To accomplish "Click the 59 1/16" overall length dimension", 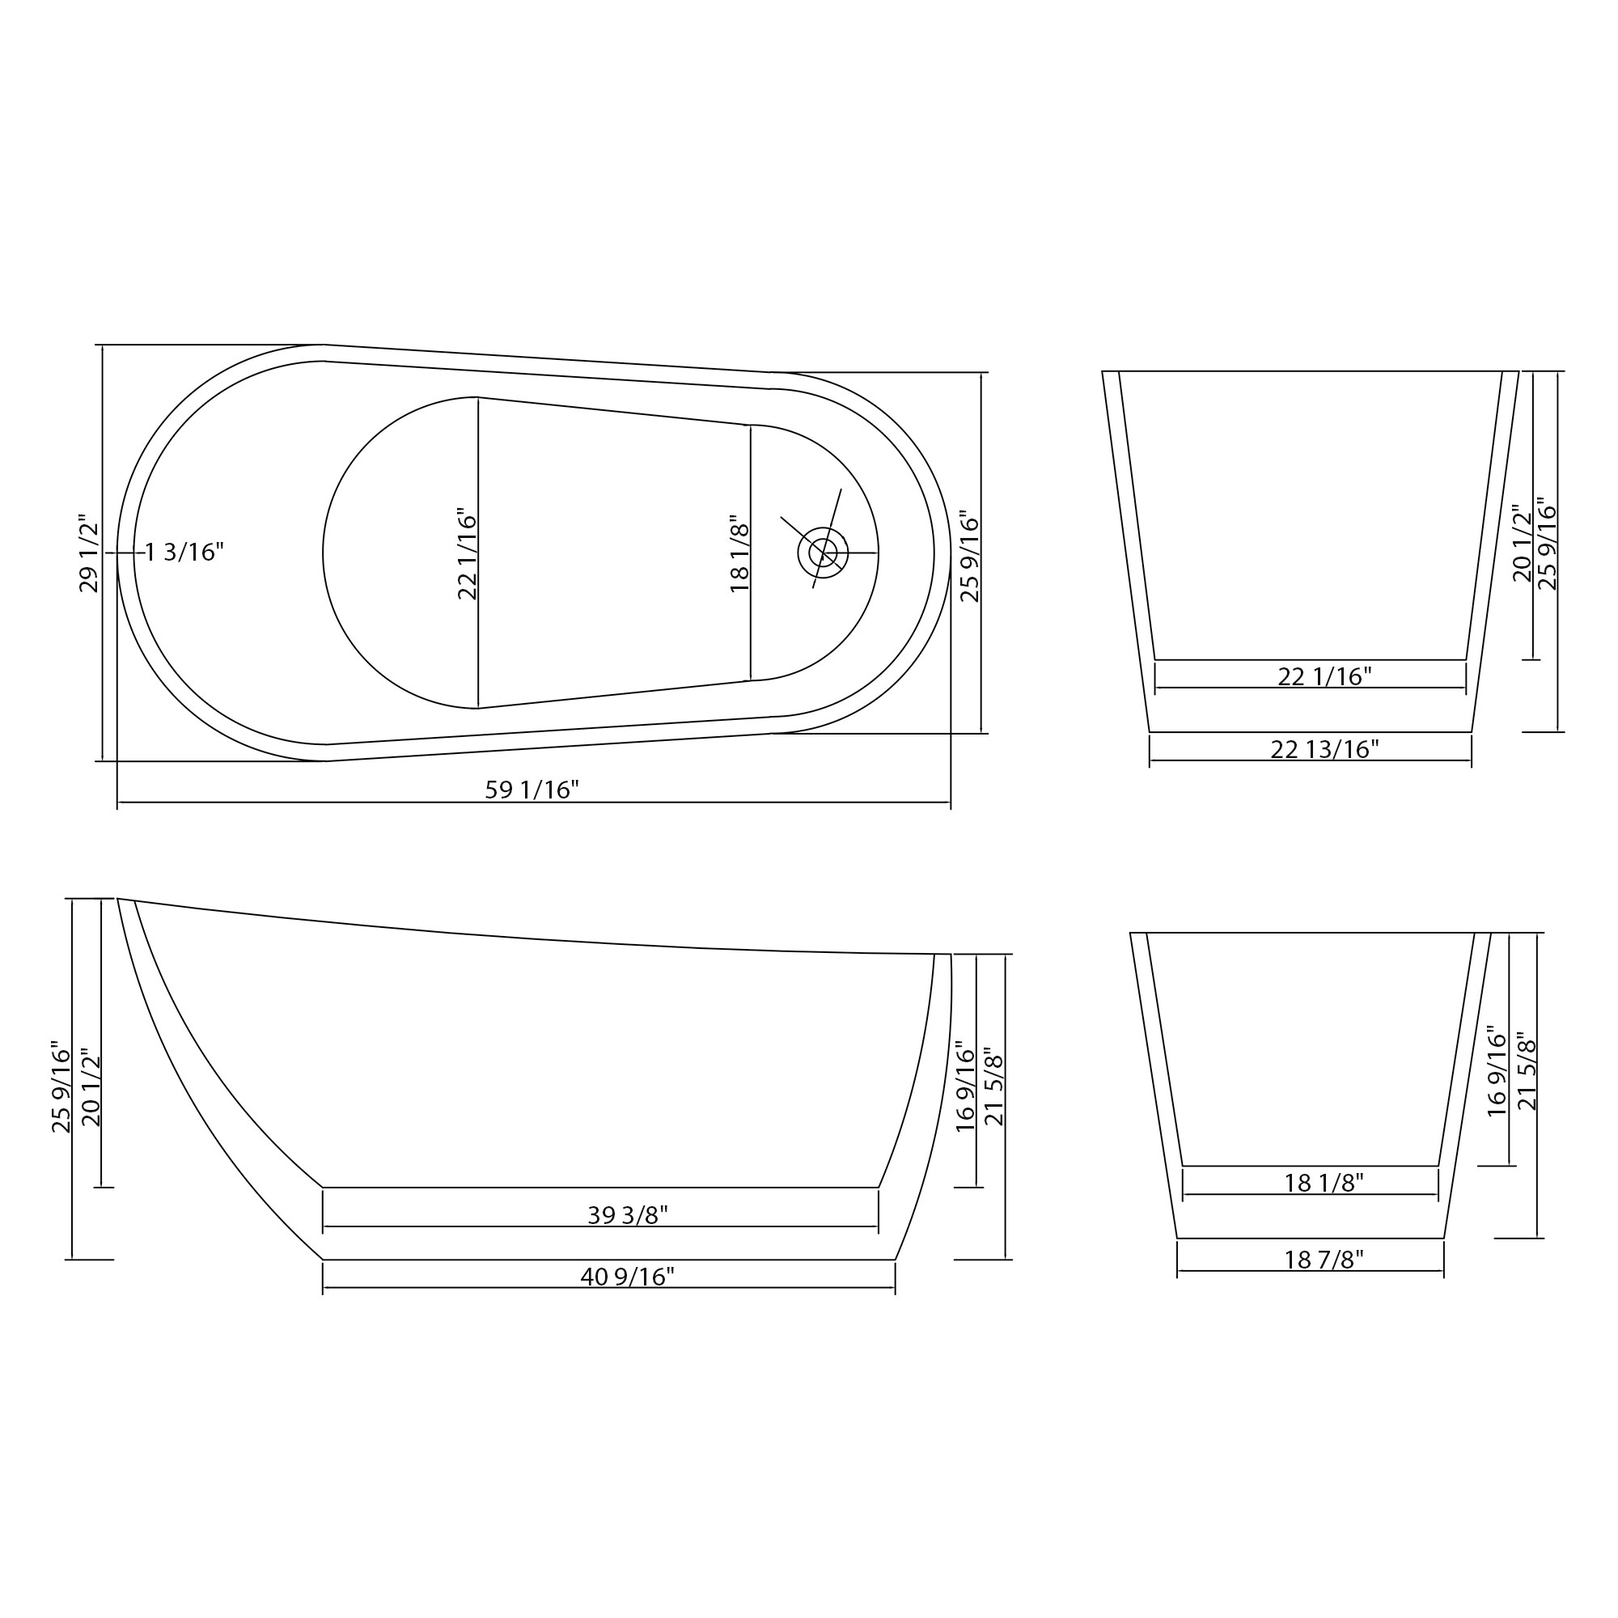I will point(532,790).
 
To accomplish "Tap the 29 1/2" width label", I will point(89,553).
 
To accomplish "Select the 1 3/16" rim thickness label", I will point(184,552).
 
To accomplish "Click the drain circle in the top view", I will point(823,553).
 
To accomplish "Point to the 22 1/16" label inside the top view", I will point(468,553).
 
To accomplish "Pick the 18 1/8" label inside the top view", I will point(739,553).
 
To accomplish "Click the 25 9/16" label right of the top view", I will point(969,556).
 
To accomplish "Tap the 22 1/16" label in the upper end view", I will point(1324,676).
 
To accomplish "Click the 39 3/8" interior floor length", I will point(627,1214).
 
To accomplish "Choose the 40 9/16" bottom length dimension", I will point(627,1277).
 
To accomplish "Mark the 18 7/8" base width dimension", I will point(1324,1259).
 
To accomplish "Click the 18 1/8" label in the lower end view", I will point(1324,1183).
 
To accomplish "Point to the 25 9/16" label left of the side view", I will point(61,1087).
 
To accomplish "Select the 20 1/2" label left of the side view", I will point(91,1087).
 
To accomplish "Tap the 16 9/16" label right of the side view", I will point(966,1087).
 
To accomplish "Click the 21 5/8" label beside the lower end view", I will point(1527,1075).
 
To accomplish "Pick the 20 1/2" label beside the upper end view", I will point(1522,544).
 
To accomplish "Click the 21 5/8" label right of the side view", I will point(994,1087).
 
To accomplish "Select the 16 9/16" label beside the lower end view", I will point(1497,1075).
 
